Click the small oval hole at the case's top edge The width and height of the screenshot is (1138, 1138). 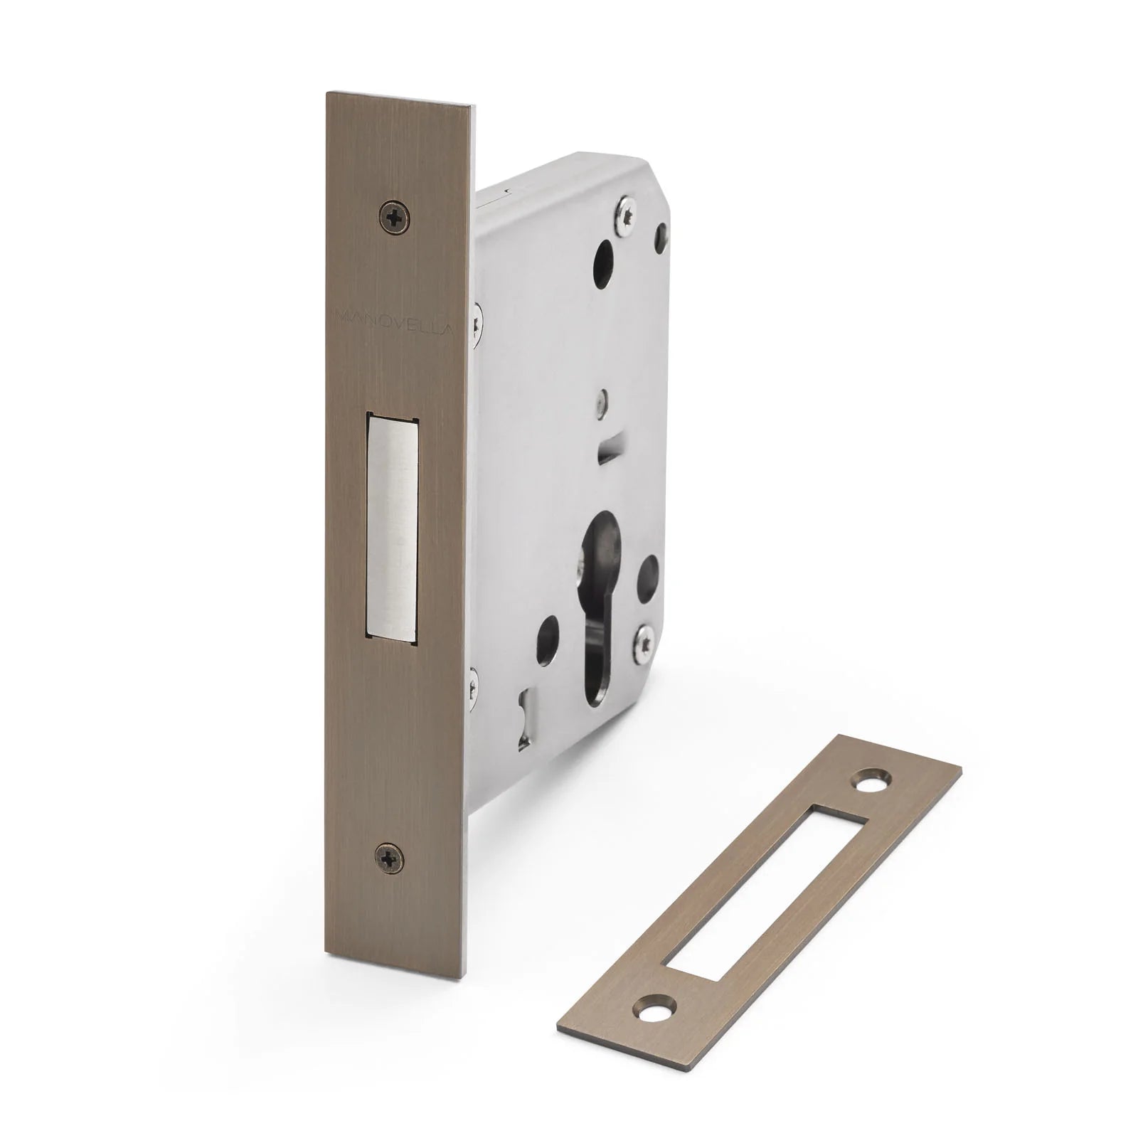[663, 231]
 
